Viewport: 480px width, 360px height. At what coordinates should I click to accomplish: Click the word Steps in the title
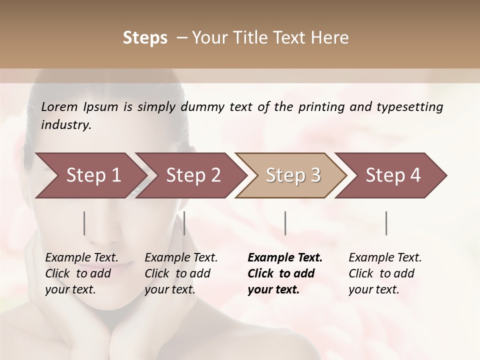(x=145, y=38)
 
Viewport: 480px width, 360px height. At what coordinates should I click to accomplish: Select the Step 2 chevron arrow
(x=193, y=175)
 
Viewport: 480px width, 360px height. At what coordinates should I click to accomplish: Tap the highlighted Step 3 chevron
(x=293, y=175)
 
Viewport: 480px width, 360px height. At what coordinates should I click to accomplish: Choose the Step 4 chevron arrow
(x=393, y=175)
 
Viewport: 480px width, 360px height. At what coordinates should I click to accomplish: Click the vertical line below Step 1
(x=84, y=223)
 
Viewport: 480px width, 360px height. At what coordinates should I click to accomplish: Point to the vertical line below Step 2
(x=184, y=223)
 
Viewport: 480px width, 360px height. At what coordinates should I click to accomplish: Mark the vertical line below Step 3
(x=285, y=223)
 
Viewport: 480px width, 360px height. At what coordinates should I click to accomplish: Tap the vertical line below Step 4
(x=386, y=223)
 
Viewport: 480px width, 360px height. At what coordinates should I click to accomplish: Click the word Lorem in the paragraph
(x=59, y=107)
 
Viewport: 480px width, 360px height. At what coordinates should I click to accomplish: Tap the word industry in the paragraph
(x=65, y=125)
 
